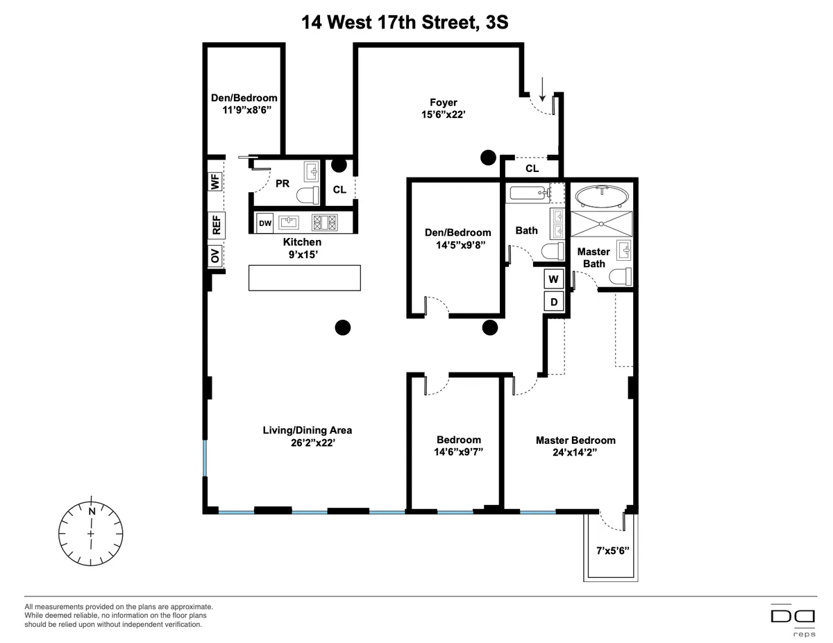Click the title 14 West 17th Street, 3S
pos(405,22)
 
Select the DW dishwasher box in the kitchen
pos(265,223)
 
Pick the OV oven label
pos(216,257)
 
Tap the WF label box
pos(216,182)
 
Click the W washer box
pos(553,280)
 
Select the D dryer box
pos(553,302)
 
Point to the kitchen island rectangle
pos(305,277)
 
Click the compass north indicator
pos(91,511)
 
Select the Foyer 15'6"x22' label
pos(443,109)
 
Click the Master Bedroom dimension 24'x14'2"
pos(575,452)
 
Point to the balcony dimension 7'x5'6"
pos(612,551)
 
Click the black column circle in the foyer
pos(488,158)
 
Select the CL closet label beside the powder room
pos(339,189)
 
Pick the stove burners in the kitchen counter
pos(326,223)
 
